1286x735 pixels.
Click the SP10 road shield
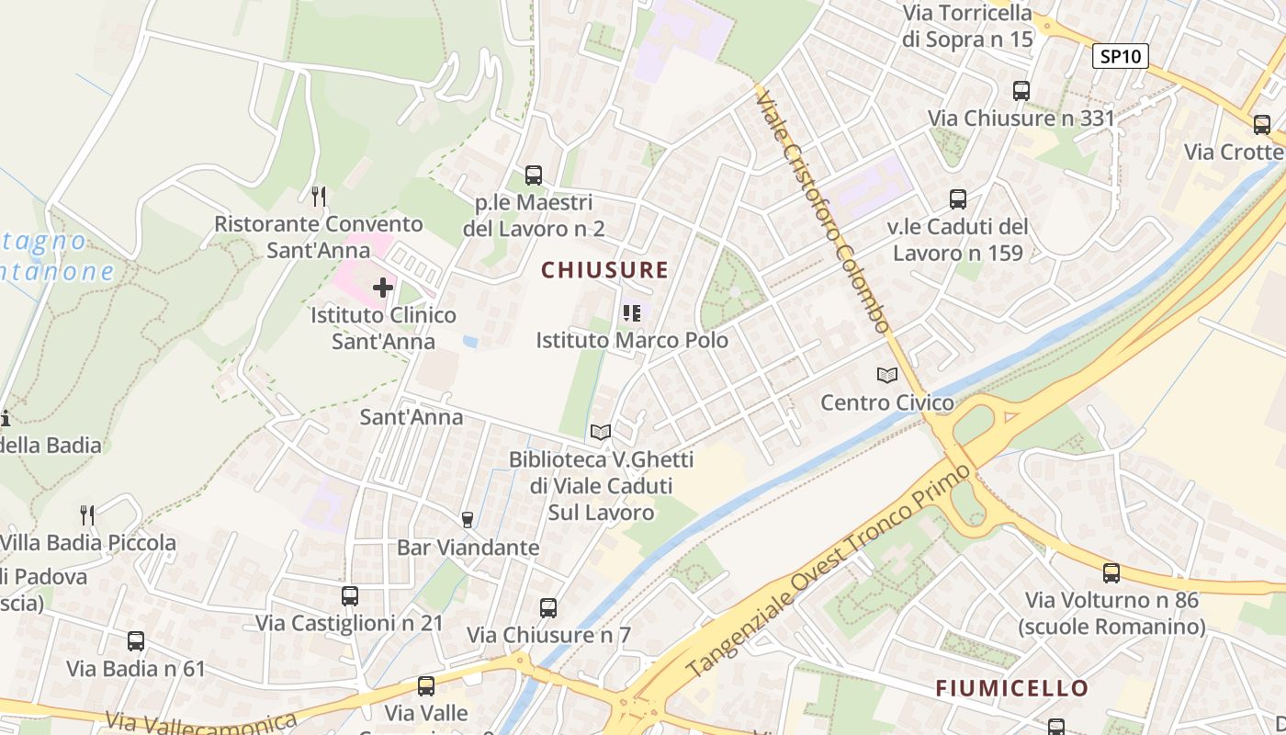pos(1121,56)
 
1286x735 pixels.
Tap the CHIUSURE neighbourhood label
pos(604,270)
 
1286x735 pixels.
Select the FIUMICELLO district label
pos(1011,688)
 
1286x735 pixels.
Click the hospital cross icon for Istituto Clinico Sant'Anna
pos(383,288)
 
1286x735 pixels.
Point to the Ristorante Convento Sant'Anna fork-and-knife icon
pos(319,196)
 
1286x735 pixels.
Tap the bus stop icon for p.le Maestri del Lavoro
pos(534,175)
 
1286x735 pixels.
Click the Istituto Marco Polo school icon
pos(631,313)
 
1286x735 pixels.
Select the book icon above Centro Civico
pos(887,375)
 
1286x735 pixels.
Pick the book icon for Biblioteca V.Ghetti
pos(601,432)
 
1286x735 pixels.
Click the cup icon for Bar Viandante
pos(467,520)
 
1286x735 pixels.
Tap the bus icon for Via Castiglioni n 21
pos(350,595)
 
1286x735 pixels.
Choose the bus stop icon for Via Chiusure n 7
pos(548,607)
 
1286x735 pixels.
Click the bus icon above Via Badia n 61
pos(136,641)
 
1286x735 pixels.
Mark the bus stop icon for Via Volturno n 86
pos(1111,573)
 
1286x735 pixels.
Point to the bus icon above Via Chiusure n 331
pos(1021,90)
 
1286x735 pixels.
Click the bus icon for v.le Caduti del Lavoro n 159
pos(958,198)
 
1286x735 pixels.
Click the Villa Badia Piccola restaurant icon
pos(87,514)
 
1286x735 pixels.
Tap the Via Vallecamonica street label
pos(202,722)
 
